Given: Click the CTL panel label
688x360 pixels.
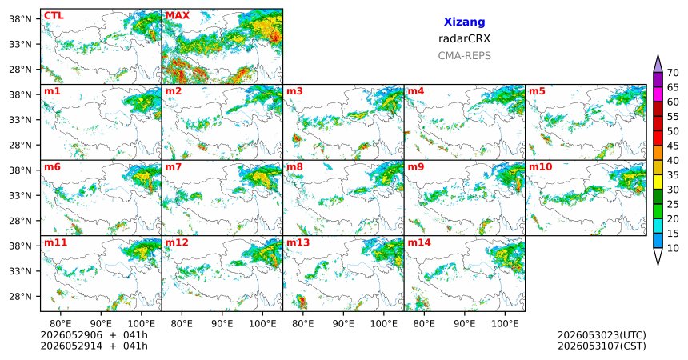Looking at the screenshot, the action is click(x=54, y=16).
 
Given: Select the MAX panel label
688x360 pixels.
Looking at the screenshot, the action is click(x=178, y=16).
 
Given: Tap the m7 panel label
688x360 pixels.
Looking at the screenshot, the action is click(x=174, y=167).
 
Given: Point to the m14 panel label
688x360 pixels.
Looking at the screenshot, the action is click(x=419, y=242).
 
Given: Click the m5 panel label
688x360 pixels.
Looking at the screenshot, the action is click(x=538, y=91).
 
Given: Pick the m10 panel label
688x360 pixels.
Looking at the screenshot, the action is click(x=541, y=167).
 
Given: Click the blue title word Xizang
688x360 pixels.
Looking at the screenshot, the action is click(x=464, y=22).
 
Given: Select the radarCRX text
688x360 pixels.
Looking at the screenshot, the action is click(x=464, y=38).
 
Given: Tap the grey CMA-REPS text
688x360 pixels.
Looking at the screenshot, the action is click(x=464, y=56).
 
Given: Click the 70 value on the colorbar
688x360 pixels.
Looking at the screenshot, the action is click(x=673, y=73).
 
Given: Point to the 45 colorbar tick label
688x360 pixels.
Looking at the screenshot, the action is click(x=673, y=146).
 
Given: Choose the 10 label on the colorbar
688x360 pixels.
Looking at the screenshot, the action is click(x=673, y=248).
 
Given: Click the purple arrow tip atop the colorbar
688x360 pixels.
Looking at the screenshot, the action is click(x=658, y=54).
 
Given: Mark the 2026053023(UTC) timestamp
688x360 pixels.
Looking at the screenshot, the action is click(x=602, y=335).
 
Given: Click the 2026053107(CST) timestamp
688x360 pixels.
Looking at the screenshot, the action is click(x=602, y=346).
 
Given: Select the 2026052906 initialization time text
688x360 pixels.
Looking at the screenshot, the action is click(x=71, y=335).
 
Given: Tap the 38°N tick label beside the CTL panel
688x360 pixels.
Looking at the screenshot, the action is click(x=22, y=19).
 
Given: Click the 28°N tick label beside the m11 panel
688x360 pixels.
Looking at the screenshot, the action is click(x=22, y=296).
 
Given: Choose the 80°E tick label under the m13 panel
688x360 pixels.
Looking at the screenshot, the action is click(x=302, y=324).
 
